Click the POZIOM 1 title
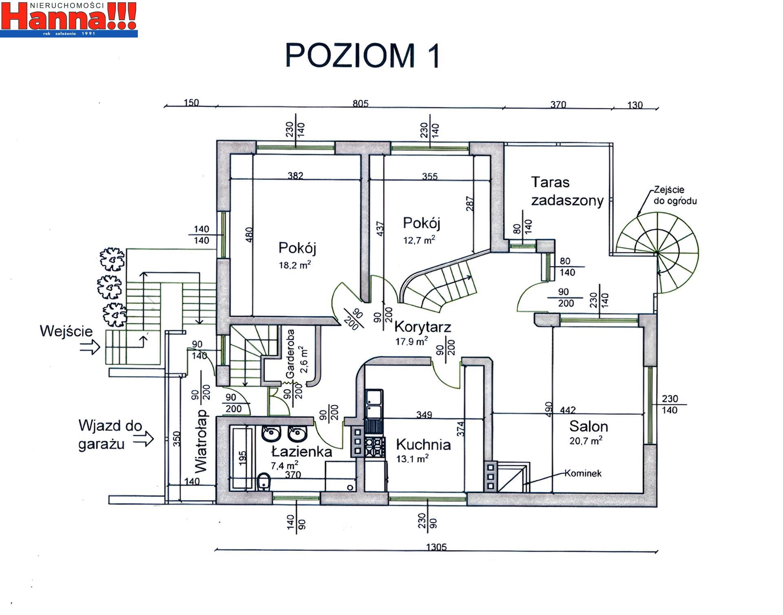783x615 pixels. pyautogui.click(x=363, y=55)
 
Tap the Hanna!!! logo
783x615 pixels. pyautogui.click(x=69, y=19)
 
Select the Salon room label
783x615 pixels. pyautogui.click(x=588, y=426)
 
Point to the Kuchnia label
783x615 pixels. pyautogui.click(x=423, y=445)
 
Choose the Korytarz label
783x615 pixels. pyautogui.click(x=422, y=327)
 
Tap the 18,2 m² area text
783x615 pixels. pyautogui.click(x=295, y=265)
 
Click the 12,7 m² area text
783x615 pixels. pyautogui.click(x=419, y=240)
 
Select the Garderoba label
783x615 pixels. pyautogui.click(x=290, y=354)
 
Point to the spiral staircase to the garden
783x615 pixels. pyautogui.click(x=657, y=252)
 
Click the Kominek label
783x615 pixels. pyautogui.click(x=583, y=473)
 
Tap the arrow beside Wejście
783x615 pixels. pyautogui.click(x=90, y=347)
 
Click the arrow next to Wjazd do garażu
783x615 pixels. pyautogui.click(x=144, y=439)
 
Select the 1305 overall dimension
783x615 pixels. pyautogui.click(x=436, y=547)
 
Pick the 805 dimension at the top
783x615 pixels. pyautogui.click(x=361, y=103)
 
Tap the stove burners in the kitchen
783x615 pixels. pyautogui.click(x=375, y=447)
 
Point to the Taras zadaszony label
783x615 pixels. pyautogui.click(x=567, y=192)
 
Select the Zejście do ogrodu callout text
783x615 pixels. pyautogui.click(x=675, y=195)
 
